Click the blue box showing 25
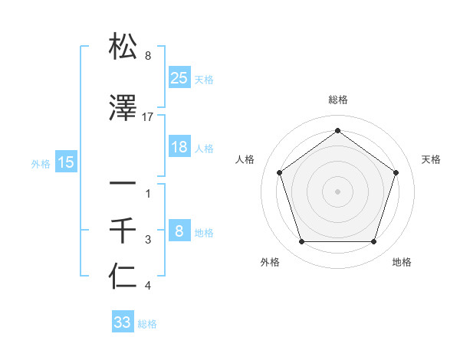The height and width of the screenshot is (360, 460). (179, 77)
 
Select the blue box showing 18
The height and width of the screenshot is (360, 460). (179, 147)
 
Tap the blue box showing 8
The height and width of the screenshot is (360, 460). (179, 231)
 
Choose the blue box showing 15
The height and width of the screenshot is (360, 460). (66, 162)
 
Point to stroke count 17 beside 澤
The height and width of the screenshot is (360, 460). (148, 116)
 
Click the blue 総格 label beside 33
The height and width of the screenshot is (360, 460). (147, 324)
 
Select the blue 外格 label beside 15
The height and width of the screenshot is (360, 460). (41, 163)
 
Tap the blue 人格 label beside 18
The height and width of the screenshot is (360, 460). (204, 149)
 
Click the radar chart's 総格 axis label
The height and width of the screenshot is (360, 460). (337, 100)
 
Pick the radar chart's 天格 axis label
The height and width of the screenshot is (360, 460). (431, 159)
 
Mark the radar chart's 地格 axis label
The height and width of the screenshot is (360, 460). (402, 262)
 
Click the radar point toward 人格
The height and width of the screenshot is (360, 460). (280, 172)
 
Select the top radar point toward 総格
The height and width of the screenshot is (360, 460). (337, 131)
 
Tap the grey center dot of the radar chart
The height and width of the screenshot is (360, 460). (337, 191)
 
